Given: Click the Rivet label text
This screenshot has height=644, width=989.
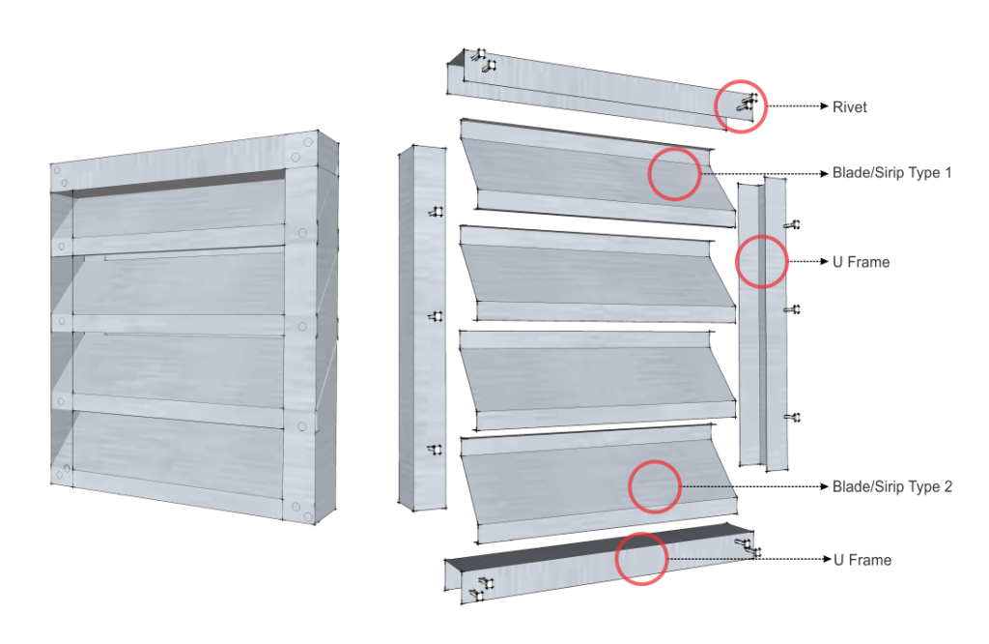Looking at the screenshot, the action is click(x=849, y=106).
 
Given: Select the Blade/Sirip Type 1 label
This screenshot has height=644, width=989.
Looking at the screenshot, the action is click(x=891, y=172).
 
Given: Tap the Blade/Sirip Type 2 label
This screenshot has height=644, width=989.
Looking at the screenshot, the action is click(x=891, y=486).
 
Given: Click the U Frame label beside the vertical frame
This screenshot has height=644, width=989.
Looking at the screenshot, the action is click(x=861, y=262).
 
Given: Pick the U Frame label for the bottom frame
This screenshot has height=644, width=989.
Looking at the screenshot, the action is click(x=862, y=560).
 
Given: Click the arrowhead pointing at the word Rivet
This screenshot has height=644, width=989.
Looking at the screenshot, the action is click(x=824, y=106).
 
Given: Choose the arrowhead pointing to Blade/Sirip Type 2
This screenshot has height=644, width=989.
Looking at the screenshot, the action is click(x=824, y=486).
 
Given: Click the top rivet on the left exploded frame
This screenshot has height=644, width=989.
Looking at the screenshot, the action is click(x=436, y=212).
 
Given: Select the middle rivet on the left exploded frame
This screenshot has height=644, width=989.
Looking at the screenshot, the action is click(x=436, y=315).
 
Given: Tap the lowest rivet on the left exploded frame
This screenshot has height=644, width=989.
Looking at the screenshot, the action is click(x=436, y=450).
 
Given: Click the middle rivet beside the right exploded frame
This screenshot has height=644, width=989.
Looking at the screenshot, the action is click(x=792, y=309).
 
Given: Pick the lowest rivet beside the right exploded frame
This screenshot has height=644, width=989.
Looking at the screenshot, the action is click(x=792, y=418).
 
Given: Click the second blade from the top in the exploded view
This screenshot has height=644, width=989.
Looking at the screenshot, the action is click(x=597, y=274).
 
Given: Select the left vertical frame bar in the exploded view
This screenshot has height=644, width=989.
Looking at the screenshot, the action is click(x=422, y=327).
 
